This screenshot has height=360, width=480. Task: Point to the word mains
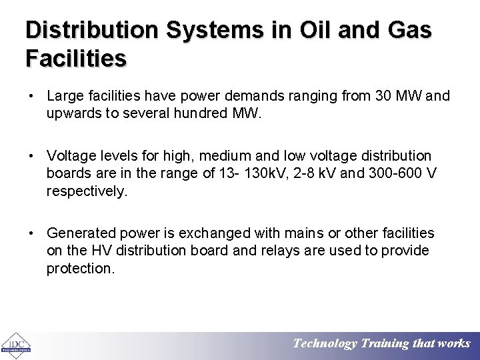click(x=295, y=233)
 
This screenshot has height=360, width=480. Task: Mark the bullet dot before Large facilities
click(x=31, y=97)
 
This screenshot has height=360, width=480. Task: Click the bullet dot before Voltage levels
click(x=31, y=156)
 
